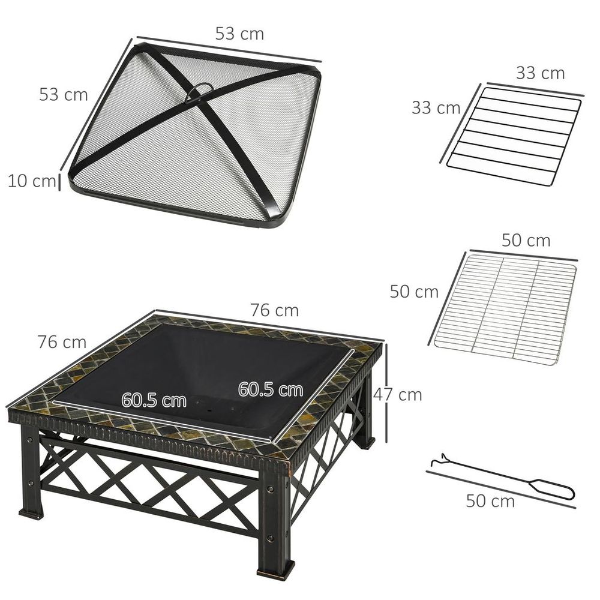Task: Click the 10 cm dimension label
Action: tap(31, 180)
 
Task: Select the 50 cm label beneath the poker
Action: tap(490, 501)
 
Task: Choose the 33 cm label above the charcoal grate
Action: tap(540, 73)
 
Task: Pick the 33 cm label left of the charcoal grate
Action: tap(436, 108)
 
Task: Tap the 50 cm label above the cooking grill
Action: tap(526, 241)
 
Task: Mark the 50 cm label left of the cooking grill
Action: tap(414, 292)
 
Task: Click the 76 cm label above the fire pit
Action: tap(274, 310)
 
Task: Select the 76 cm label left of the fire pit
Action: tap(62, 342)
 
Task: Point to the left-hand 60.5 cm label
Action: tap(154, 400)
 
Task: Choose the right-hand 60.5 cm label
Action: tap(270, 389)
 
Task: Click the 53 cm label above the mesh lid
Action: tap(239, 34)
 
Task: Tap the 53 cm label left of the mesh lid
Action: tap(64, 94)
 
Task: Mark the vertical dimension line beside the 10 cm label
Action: tap(59, 181)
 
